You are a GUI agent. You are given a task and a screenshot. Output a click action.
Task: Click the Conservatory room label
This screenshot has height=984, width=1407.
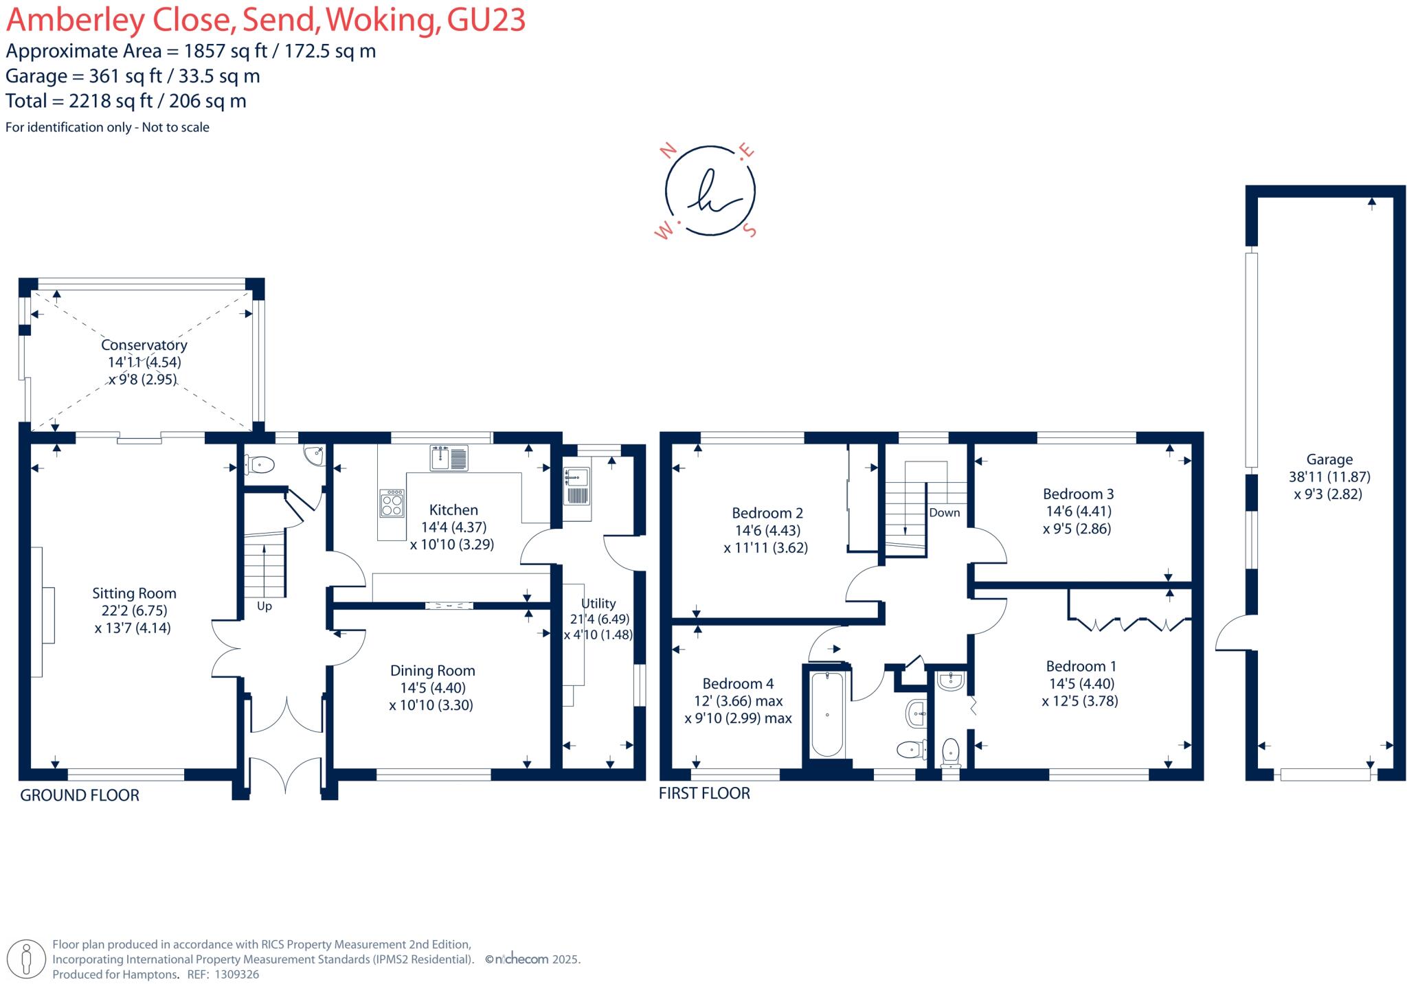point(144,345)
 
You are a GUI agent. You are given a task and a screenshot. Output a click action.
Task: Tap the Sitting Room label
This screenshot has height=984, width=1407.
point(134,593)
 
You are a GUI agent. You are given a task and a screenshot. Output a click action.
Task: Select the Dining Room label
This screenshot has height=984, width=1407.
point(432,671)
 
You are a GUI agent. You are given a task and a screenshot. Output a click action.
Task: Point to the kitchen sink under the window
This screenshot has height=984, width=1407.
point(449,458)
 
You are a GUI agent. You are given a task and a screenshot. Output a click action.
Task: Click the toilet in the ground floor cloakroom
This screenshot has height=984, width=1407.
point(260,465)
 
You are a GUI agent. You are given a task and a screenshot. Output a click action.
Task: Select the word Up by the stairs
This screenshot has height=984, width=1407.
point(264,606)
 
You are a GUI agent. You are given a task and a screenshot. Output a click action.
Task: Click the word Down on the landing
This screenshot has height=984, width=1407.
point(944,513)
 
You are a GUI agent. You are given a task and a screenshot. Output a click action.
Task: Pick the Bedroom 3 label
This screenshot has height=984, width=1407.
point(1078,494)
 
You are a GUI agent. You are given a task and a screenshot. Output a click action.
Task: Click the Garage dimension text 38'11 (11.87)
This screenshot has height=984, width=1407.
point(1329,477)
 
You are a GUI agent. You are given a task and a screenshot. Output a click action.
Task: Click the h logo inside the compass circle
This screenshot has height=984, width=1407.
point(710,191)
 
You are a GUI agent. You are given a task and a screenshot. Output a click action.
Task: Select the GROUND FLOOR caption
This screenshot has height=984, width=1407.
point(80,795)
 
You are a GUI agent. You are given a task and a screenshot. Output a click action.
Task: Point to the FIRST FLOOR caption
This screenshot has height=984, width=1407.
point(704,793)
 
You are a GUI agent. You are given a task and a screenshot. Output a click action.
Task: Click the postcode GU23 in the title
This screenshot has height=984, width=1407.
point(486,19)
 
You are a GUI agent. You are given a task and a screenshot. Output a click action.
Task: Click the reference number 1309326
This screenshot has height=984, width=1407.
point(237,974)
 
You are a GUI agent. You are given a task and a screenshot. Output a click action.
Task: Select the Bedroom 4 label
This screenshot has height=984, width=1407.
point(737,684)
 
